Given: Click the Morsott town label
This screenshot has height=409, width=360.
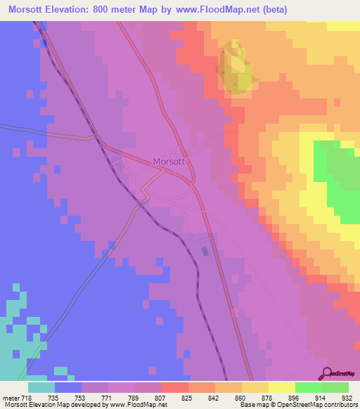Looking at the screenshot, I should pos(169,161).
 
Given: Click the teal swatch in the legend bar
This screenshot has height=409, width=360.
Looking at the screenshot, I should pos(41,387).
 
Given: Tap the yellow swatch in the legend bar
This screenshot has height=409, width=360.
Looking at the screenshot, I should pos(281,387).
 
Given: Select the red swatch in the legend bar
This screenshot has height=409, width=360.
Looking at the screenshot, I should pos(174,387).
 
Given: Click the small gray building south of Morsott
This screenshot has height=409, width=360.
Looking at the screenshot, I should pos(205,251).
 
